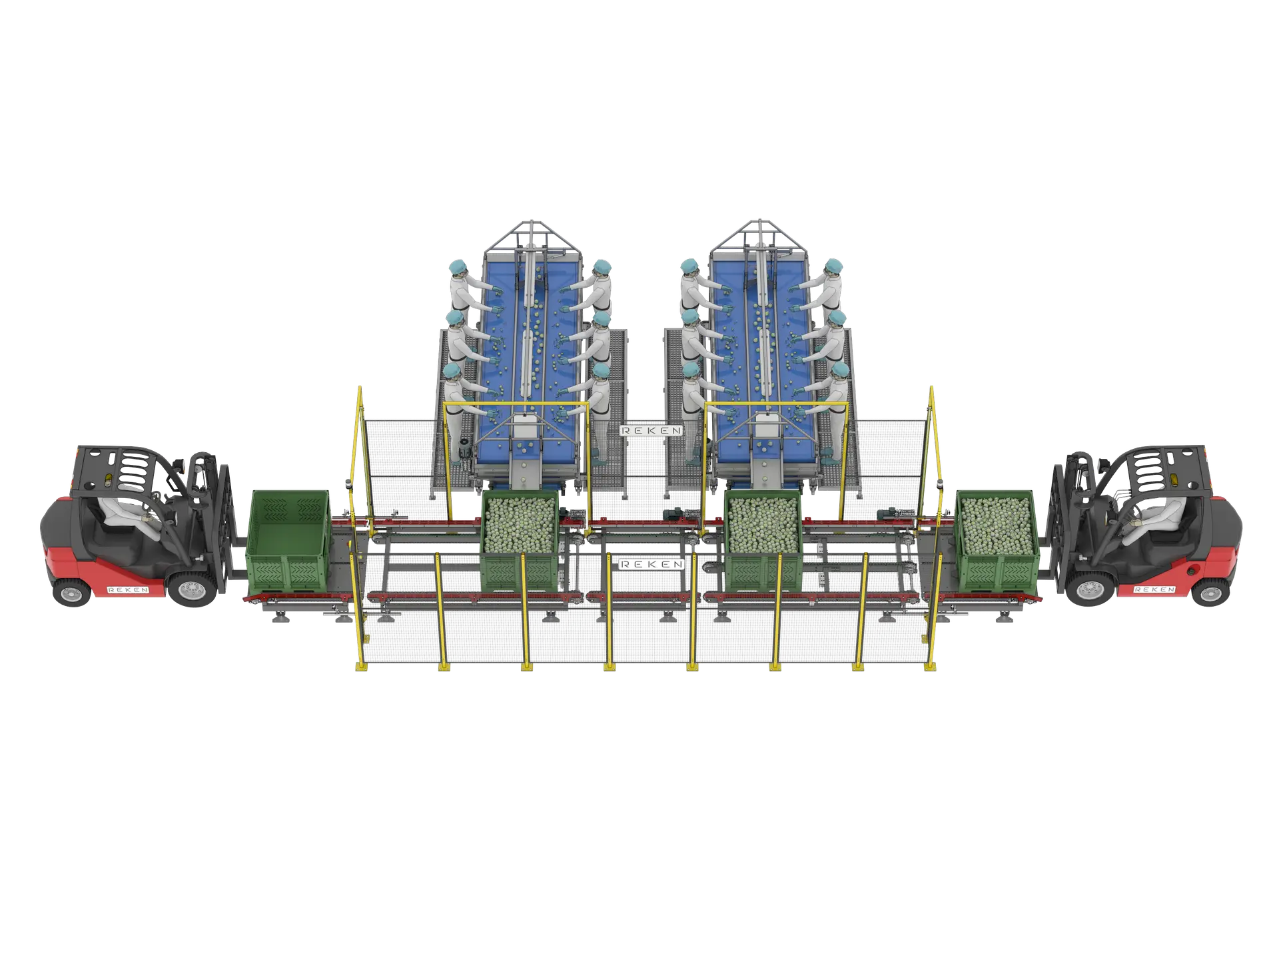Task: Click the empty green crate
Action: pyautogui.click(x=288, y=541)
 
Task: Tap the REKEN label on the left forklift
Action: pyautogui.click(x=128, y=590)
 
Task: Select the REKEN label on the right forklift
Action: pyautogui.click(x=1154, y=589)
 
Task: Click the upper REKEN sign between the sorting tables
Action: pyautogui.click(x=651, y=431)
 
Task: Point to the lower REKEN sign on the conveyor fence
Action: pyautogui.click(x=651, y=564)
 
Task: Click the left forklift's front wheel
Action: pyautogui.click(x=192, y=589)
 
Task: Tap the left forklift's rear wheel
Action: pyautogui.click(x=71, y=592)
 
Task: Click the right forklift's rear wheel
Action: pyautogui.click(x=1210, y=591)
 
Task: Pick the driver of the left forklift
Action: pyautogui.click(x=130, y=513)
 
